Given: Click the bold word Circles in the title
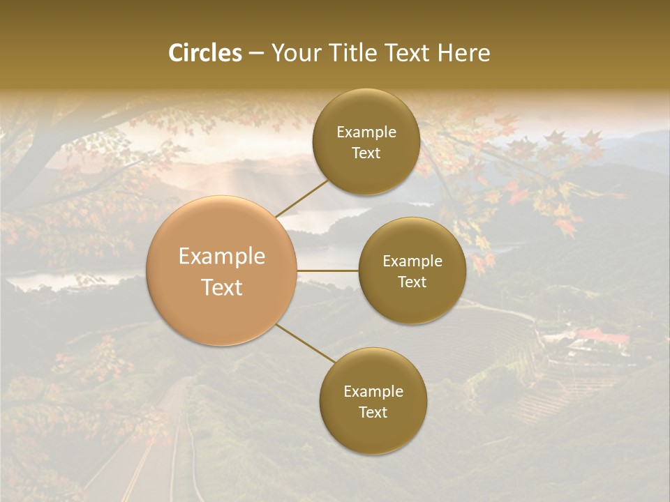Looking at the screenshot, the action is click(x=204, y=53).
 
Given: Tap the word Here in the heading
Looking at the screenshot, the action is click(x=463, y=53).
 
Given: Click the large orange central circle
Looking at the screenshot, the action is click(x=222, y=271).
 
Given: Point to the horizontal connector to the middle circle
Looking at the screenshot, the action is click(x=328, y=271).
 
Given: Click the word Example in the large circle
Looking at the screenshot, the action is click(x=222, y=257).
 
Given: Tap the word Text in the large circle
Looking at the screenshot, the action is click(x=222, y=287).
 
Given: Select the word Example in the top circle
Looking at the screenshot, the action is click(x=366, y=132).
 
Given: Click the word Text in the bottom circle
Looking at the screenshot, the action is click(x=373, y=412).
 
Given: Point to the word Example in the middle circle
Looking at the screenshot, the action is click(x=412, y=261).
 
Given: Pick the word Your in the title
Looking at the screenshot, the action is click(x=293, y=53).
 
